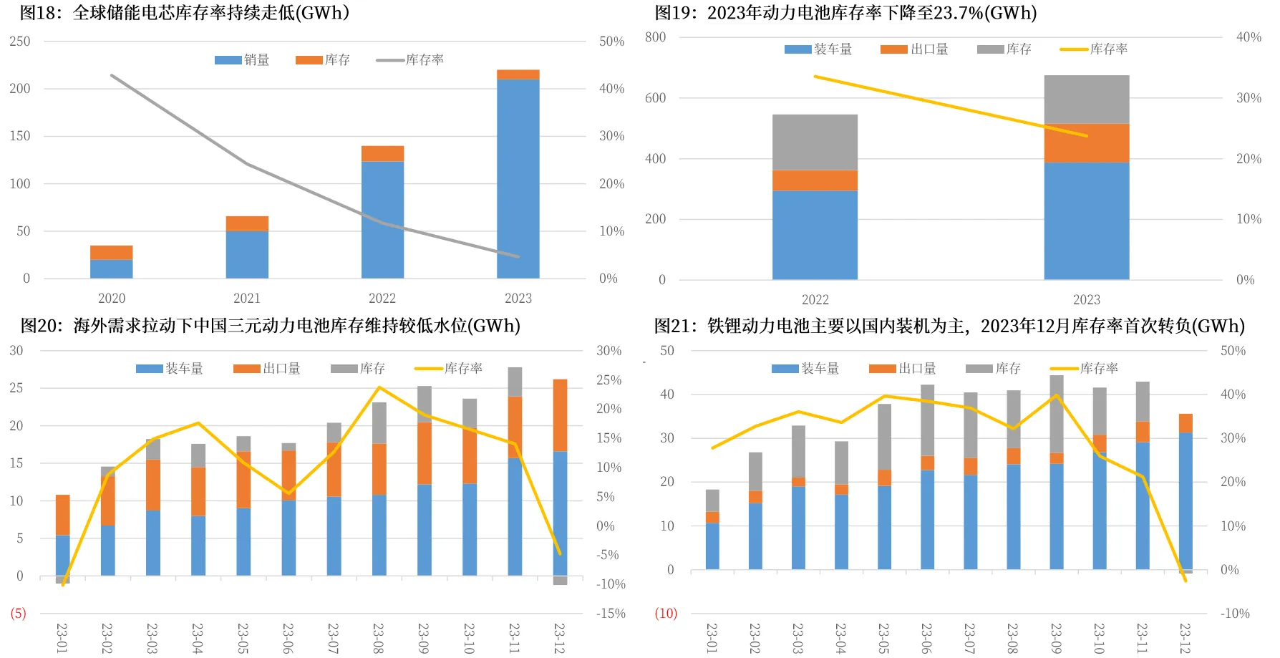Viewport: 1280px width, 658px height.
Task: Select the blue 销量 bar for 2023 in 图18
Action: (518, 179)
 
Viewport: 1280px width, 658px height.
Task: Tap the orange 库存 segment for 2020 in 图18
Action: (111, 252)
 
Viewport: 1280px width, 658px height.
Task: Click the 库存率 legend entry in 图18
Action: (411, 60)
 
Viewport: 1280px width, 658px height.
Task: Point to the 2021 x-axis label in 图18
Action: (247, 298)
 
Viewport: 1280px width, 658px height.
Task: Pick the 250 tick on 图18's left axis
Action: (20, 42)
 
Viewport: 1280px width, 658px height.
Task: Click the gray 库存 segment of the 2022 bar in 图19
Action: (815, 142)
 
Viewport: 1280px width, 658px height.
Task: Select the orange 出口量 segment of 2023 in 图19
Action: (1086, 143)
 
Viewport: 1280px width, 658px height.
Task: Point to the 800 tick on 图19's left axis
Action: (655, 37)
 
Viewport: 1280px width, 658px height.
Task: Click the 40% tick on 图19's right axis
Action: (1249, 37)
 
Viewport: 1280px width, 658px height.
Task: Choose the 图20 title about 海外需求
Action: (270, 326)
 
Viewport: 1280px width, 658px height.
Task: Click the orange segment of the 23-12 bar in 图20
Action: (560, 415)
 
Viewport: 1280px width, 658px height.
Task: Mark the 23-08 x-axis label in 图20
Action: (379, 637)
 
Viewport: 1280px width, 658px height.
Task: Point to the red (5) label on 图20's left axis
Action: (18, 614)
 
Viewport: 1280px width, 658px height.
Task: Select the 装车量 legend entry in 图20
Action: (170, 369)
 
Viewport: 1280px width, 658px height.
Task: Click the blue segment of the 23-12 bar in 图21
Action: (1186, 501)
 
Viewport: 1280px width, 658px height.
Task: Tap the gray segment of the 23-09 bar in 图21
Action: (1057, 414)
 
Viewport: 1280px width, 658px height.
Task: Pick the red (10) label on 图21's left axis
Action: (666, 614)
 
